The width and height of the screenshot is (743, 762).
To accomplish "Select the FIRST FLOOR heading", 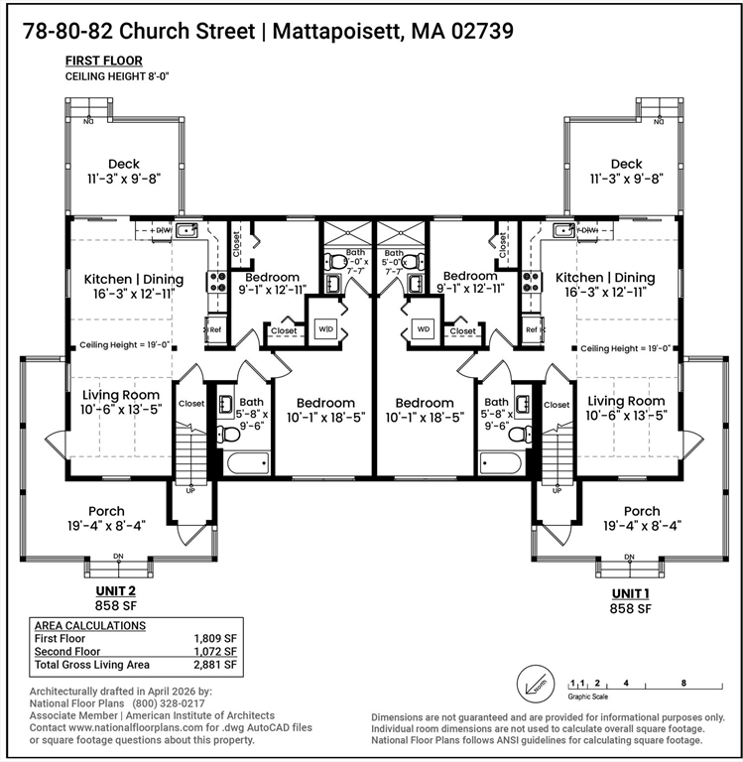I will tap(103, 62).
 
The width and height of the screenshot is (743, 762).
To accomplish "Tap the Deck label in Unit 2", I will tap(124, 164).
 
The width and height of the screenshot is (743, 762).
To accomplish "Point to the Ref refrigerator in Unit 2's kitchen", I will tap(213, 329).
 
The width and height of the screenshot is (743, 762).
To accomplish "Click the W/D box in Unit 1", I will tap(424, 328).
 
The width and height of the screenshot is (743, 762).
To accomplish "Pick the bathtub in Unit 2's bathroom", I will tap(246, 463).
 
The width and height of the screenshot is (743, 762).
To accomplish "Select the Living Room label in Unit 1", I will tap(626, 401).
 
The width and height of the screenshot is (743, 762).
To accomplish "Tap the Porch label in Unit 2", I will tap(106, 511).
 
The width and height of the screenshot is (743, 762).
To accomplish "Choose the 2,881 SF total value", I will tap(215, 665).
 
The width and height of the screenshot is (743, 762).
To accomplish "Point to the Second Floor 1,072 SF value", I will tap(215, 652).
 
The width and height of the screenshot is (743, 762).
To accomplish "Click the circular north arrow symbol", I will tap(532, 684).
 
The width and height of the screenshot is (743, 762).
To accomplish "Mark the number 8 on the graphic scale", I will tap(684, 684).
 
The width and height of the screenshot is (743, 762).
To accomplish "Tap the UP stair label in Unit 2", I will tap(190, 490).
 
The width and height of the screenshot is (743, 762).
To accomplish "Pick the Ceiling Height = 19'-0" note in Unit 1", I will tap(626, 348).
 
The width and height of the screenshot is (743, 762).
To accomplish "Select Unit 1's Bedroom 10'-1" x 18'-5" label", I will tap(425, 410).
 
